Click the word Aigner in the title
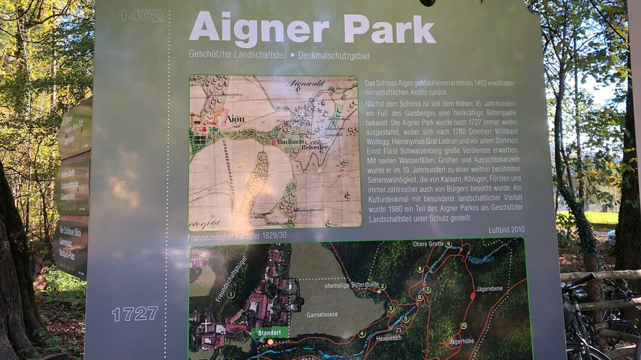click(x=259, y=30)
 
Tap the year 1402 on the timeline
click(x=141, y=16)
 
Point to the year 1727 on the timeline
click(x=135, y=314)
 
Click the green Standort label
click(x=270, y=332)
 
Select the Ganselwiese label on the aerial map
click(x=322, y=314)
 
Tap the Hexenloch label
click(x=389, y=338)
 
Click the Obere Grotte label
click(x=427, y=244)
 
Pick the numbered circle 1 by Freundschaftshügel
click(x=231, y=294)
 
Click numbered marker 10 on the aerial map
click(x=463, y=326)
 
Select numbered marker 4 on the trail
click(x=361, y=333)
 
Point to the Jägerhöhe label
click(x=461, y=341)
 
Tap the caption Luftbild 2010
click(x=506, y=230)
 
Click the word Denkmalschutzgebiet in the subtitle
click(x=334, y=56)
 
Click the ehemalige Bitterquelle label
click(x=352, y=285)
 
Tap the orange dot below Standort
click(x=271, y=342)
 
